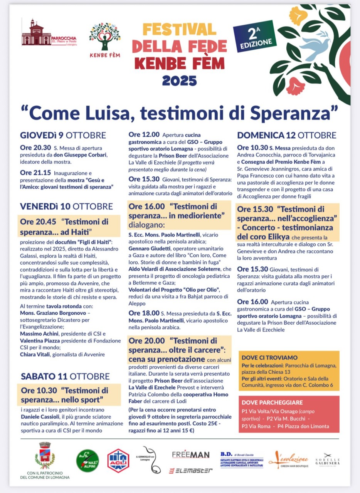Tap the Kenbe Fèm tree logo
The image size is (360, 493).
(x=104, y=37)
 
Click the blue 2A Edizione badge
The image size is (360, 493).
(x=255, y=36)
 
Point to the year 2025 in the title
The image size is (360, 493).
(x=179, y=80)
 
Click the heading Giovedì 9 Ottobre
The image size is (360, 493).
(x=63, y=135)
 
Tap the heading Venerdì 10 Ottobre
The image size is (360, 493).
(x=66, y=206)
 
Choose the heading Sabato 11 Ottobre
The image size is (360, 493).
(x=65, y=376)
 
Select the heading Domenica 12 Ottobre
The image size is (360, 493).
(x=287, y=135)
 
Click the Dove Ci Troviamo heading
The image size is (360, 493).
(x=269, y=357)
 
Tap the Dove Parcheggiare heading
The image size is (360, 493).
(x=272, y=402)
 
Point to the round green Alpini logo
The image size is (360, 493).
(x=87, y=461)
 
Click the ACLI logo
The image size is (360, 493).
(x=118, y=460)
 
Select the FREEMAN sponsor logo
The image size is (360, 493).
(x=191, y=454)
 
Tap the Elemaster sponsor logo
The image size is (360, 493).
(x=191, y=470)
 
